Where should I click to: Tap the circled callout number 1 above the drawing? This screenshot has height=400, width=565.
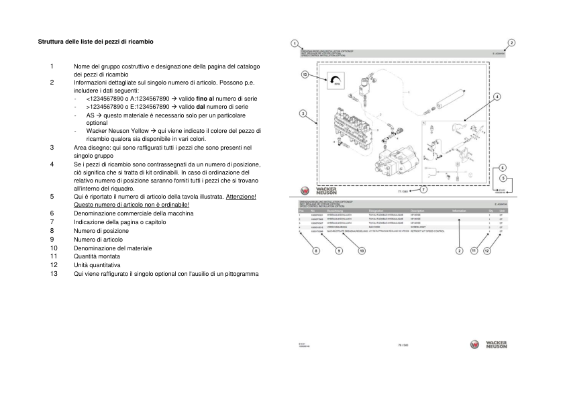coord(295,42)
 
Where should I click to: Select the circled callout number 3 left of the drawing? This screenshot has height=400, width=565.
coord(303,114)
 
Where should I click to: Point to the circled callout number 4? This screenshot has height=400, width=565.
coord(497,97)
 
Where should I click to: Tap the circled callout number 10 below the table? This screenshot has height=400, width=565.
coord(361,250)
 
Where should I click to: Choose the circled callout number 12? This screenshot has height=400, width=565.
coord(487,250)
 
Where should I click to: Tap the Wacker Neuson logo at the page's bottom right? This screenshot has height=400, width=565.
coord(488,344)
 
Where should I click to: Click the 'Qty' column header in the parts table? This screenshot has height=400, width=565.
coord(491,210)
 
